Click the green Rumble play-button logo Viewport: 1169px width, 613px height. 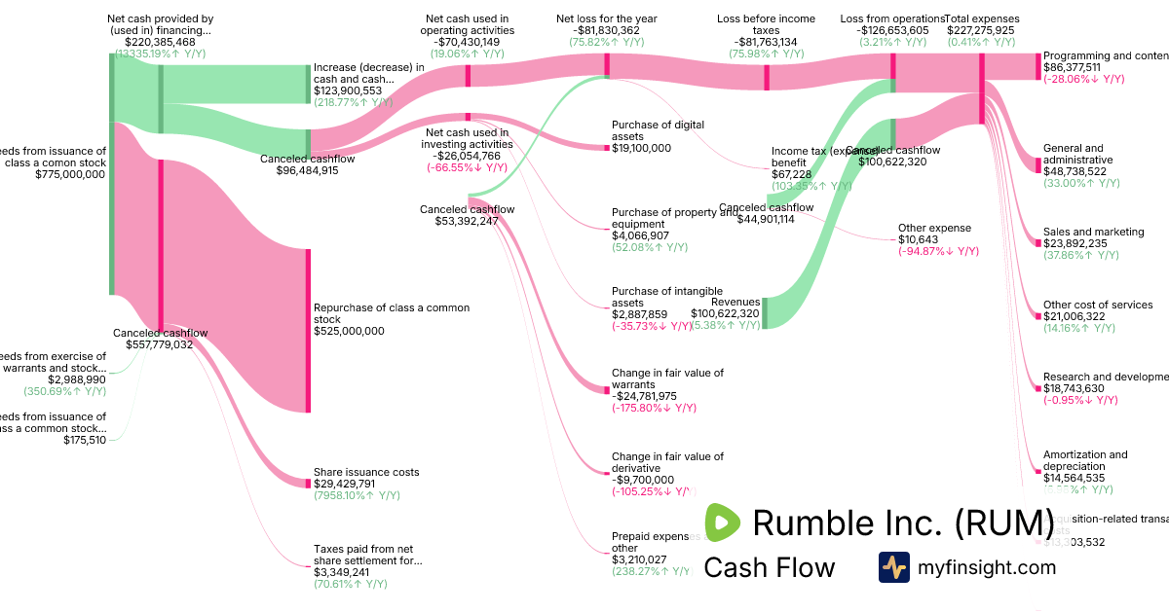pyautogui.click(x=722, y=523)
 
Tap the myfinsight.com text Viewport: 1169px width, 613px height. pyautogui.click(x=986, y=567)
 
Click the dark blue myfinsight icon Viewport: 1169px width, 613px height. pyautogui.click(x=894, y=567)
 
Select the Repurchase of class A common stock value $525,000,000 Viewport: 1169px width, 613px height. pyautogui.click(x=349, y=331)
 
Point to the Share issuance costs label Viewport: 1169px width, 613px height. pyautogui.click(x=366, y=472)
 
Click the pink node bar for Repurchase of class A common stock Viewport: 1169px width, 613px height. pyautogui.click(x=309, y=331)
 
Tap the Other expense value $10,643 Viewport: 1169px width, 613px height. pyautogui.click(x=920, y=239)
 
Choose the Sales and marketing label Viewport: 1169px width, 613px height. pyautogui.click(x=1093, y=232)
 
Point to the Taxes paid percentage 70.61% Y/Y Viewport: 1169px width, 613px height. pyautogui.click(x=351, y=584)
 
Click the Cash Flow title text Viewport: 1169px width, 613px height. pyautogui.click(x=769, y=568)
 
